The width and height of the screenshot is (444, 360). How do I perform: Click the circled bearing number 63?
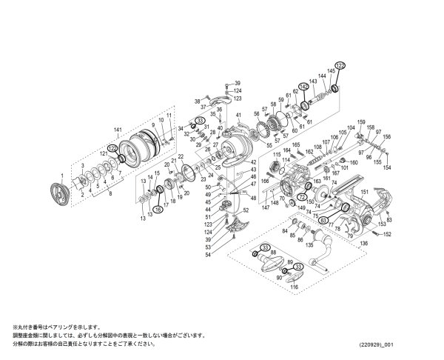click(x=324, y=219)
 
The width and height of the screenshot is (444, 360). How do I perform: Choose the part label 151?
click(x=363, y=191)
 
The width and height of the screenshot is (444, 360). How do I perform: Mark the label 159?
click(x=362, y=122)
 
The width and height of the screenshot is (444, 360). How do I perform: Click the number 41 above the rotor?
click(x=239, y=116)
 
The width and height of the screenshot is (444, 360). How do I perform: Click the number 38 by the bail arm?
click(x=197, y=101)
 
